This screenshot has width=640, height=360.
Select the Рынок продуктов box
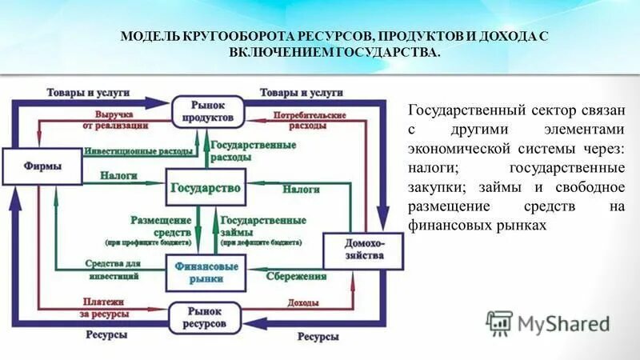[x=205, y=111]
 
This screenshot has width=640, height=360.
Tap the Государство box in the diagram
[x=205, y=188]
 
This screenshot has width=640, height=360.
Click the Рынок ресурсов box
[x=205, y=318]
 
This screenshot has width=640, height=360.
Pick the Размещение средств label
[x=161, y=225]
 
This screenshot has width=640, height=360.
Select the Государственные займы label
[x=251, y=225]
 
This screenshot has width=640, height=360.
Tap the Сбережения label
[x=295, y=276]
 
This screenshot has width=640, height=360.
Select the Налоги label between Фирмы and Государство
[x=117, y=174]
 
